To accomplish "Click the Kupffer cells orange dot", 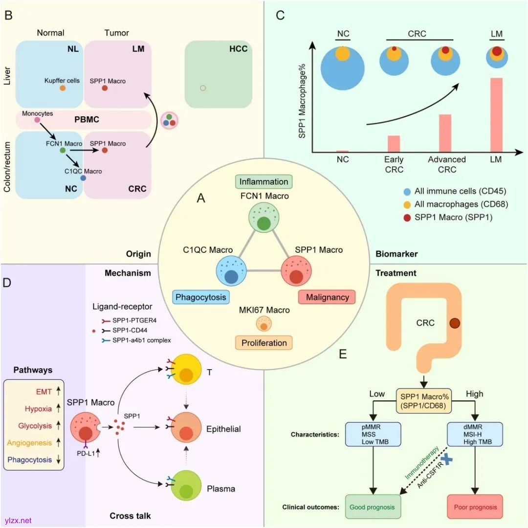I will click(63, 88).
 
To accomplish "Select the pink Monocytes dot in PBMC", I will click(37, 120).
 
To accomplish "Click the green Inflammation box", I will click(264, 182).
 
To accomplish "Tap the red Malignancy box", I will click(327, 297).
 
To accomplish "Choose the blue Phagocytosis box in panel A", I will click(201, 297).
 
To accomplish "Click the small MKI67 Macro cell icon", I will click(264, 325).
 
